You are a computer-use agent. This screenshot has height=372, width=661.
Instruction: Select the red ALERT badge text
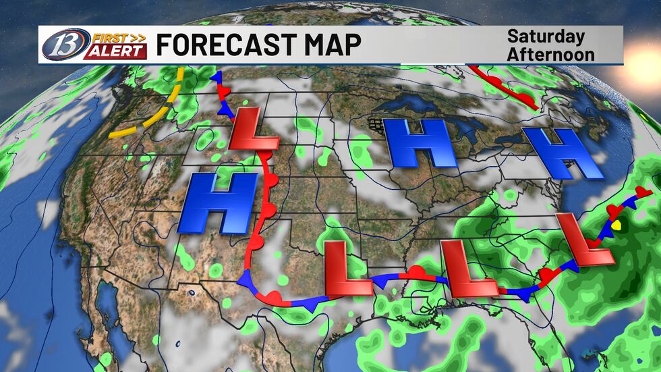115,51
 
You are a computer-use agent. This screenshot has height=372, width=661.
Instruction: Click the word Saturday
546,36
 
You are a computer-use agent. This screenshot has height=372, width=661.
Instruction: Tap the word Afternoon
550,53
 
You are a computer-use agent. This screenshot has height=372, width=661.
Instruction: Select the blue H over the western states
218,203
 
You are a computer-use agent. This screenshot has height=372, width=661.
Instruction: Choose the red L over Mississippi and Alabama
467,268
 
